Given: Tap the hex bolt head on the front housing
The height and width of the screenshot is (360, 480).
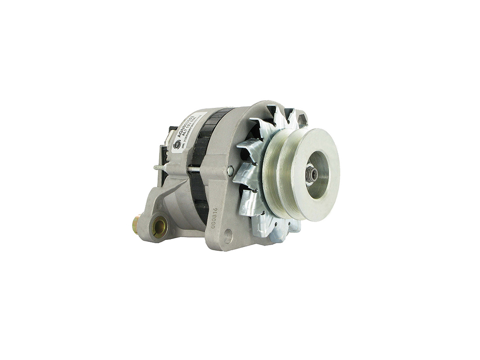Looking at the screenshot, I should (230, 171).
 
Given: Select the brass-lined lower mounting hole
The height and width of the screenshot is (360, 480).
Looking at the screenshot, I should (159, 227).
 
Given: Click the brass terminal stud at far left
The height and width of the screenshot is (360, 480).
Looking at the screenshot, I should (135, 225).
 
